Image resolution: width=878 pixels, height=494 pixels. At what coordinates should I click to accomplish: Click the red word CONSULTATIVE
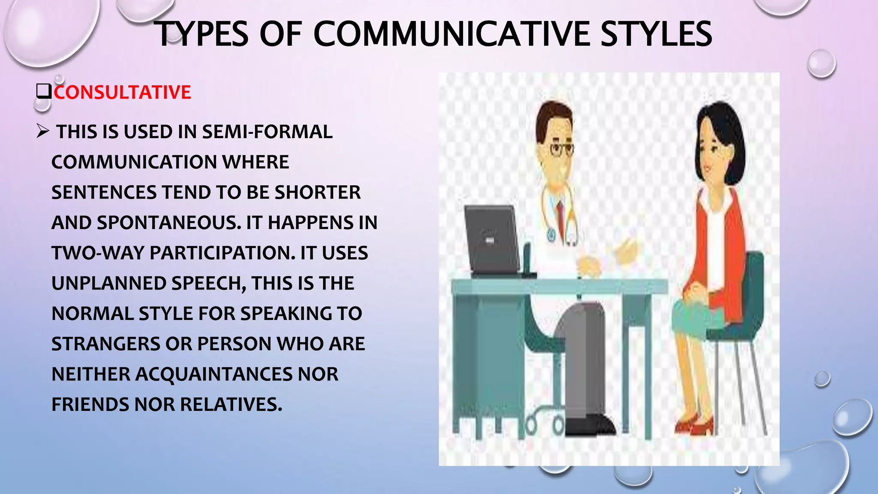point(122,92)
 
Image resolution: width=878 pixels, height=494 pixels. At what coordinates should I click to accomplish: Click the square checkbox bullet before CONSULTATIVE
point(44,92)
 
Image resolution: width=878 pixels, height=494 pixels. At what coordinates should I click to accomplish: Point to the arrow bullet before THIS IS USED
point(43,131)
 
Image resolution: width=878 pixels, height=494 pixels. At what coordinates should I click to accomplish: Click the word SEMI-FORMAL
point(267,132)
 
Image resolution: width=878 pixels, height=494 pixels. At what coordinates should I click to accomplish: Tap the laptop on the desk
point(493,240)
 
